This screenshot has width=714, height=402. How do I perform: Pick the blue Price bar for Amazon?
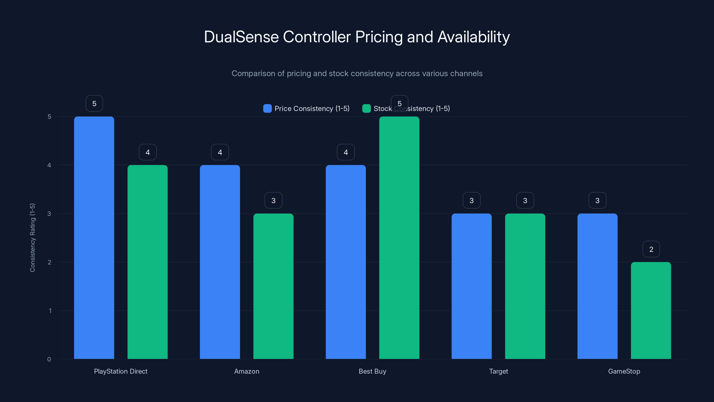coord(220,262)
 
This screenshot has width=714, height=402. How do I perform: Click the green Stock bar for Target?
coord(525,286)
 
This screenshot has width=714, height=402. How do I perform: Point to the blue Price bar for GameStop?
coord(597,286)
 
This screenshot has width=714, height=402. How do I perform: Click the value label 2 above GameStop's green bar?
coord(651,249)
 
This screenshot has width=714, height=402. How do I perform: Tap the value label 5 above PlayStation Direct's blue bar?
coord(94,103)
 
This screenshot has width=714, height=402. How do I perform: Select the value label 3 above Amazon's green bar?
coord(273,200)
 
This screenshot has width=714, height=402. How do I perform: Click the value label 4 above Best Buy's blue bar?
coord(346,152)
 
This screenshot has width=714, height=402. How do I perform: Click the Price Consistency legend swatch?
coord(267,109)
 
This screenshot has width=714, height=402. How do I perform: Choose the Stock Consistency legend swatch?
coord(366,109)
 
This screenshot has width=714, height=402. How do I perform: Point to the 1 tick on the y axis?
coord(50,311)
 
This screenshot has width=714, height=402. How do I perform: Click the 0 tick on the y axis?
coord(49,359)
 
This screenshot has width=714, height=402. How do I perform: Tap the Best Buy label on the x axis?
coord(372,371)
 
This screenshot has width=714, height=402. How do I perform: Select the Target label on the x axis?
coord(498,371)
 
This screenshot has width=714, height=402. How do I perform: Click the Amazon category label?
coord(247,371)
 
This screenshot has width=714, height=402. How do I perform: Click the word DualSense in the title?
coord(241,37)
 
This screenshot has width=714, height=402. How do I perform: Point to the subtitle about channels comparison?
coord(357,73)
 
